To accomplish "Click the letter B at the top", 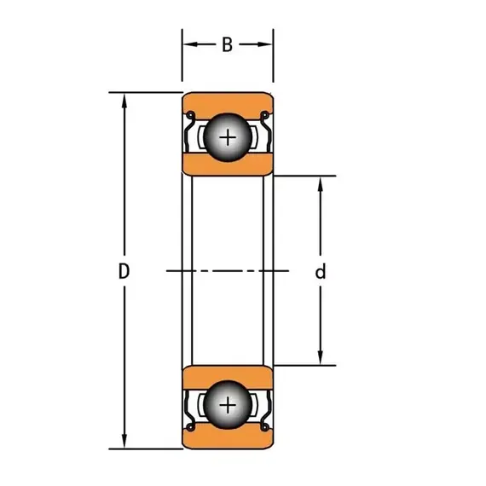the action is click(227, 44).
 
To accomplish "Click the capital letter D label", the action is click(124, 271).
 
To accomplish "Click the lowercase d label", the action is click(321, 271).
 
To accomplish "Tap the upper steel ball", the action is click(228, 137).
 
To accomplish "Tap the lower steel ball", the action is click(228, 405).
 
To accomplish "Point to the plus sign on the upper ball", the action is click(228, 137).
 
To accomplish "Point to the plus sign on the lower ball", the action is click(228, 405).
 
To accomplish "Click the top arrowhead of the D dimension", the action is click(124, 101).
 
